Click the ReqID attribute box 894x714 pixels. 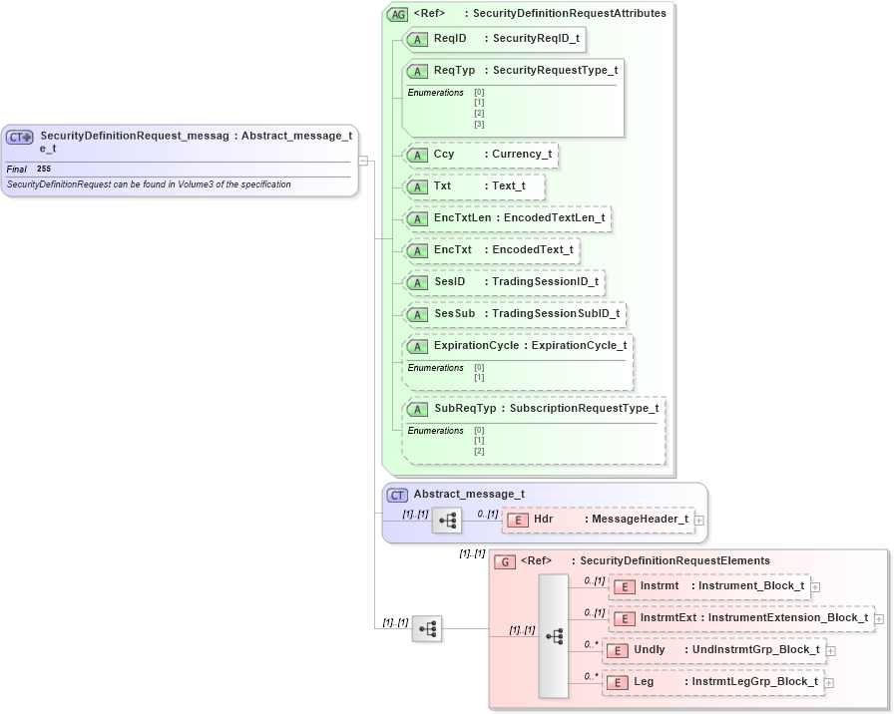(x=493, y=38)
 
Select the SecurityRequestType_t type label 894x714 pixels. (x=555, y=70)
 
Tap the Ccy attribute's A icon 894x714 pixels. (x=419, y=156)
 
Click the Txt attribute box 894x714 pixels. (x=473, y=186)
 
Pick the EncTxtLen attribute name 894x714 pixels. (x=462, y=218)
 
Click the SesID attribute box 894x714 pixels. (x=503, y=282)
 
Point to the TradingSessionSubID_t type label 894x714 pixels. (x=556, y=314)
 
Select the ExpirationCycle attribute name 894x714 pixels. (x=476, y=346)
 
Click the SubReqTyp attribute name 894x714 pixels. (x=465, y=408)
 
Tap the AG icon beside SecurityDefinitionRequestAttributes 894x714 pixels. (x=397, y=14)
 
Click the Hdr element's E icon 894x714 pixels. (x=518, y=520)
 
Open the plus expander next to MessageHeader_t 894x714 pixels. (x=698, y=520)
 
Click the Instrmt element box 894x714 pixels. (x=709, y=586)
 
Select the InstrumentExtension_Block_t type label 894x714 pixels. (x=788, y=618)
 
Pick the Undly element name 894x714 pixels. (x=649, y=650)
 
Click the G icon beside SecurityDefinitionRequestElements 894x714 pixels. (x=506, y=561)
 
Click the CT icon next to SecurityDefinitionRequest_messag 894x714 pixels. (x=20, y=137)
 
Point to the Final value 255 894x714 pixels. (x=44, y=170)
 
